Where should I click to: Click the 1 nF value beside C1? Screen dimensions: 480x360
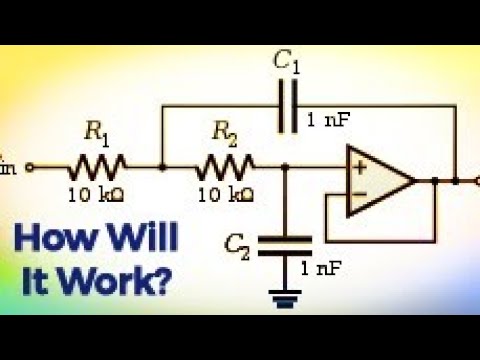(x=328, y=121)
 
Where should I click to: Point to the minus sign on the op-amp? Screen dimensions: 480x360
(x=357, y=196)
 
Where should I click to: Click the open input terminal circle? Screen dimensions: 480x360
(x=30, y=167)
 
